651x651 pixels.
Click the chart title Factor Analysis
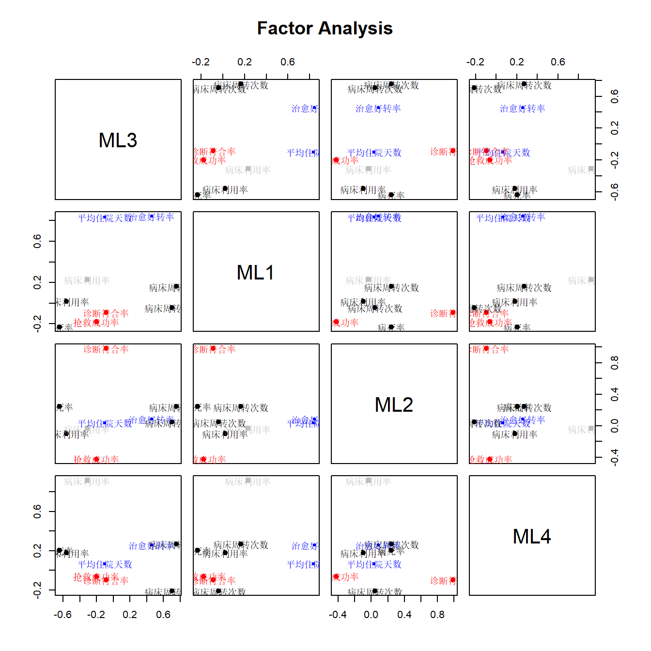point(325,29)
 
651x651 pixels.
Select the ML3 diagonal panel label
point(118,140)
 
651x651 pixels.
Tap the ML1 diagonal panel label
point(256,273)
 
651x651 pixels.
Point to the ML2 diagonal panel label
point(394,405)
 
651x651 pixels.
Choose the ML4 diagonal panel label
point(532,537)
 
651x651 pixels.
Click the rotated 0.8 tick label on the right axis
point(614,362)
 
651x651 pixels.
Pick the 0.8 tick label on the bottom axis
point(437,615)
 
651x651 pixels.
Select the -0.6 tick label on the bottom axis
point(62,615)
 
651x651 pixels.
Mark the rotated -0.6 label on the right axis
point(614,192)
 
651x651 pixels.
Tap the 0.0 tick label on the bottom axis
point(371,615)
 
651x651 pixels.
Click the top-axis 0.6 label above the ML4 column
point(558,62)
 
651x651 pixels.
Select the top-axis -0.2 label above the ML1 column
point(201,62)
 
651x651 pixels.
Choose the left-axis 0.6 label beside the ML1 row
point(37,241)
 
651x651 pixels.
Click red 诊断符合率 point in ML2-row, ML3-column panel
point(106,349)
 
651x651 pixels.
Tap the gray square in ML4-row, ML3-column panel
point(87,481)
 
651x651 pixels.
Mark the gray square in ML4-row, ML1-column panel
point(248,481)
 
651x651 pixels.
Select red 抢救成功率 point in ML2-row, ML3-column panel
point(96,459)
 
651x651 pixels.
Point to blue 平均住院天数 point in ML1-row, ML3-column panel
point(105,218)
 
